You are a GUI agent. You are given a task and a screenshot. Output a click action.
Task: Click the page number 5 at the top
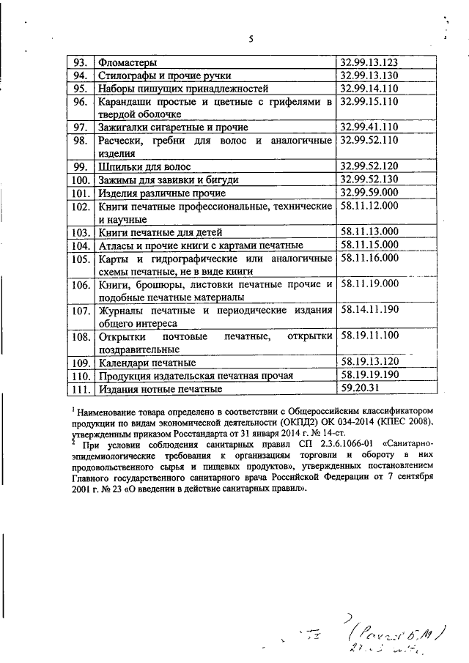tap(250, 39)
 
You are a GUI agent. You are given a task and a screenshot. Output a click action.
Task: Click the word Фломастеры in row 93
tap(128, 63)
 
